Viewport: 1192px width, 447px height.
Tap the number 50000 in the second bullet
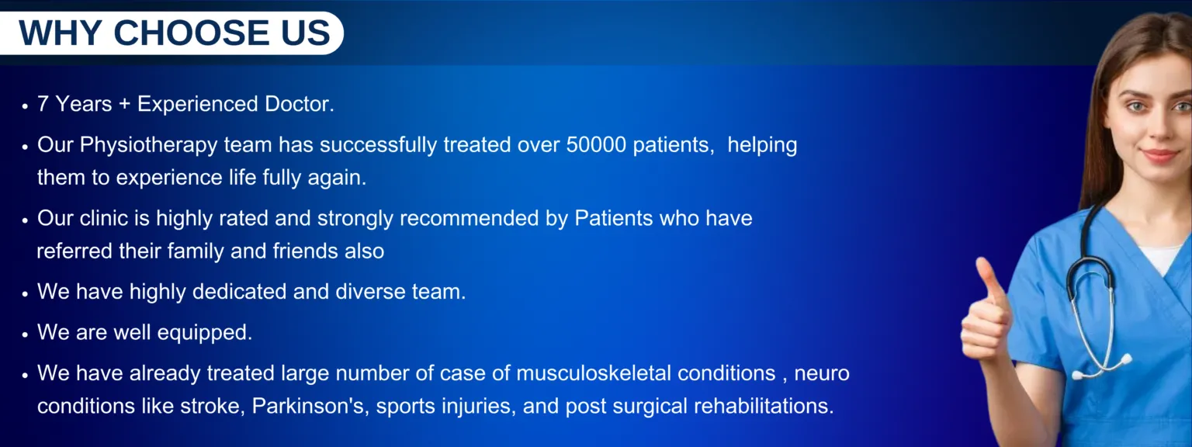click(x=596, y=145)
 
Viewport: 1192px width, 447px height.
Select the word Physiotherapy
click(x=148, y=146)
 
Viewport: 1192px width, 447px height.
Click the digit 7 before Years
click(x=43, y=104)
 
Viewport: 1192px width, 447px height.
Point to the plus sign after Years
click(x=124, y=104)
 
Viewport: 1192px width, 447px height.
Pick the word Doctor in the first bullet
click(x=300, y=104)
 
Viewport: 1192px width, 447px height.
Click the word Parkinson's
click(x=310, y=406)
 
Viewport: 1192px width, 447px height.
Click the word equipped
click(x=205, y=333)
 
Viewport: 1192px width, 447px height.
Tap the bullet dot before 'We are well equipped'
click(x=25, y=334)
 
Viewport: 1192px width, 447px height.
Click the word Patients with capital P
click(x=614, y=218)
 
